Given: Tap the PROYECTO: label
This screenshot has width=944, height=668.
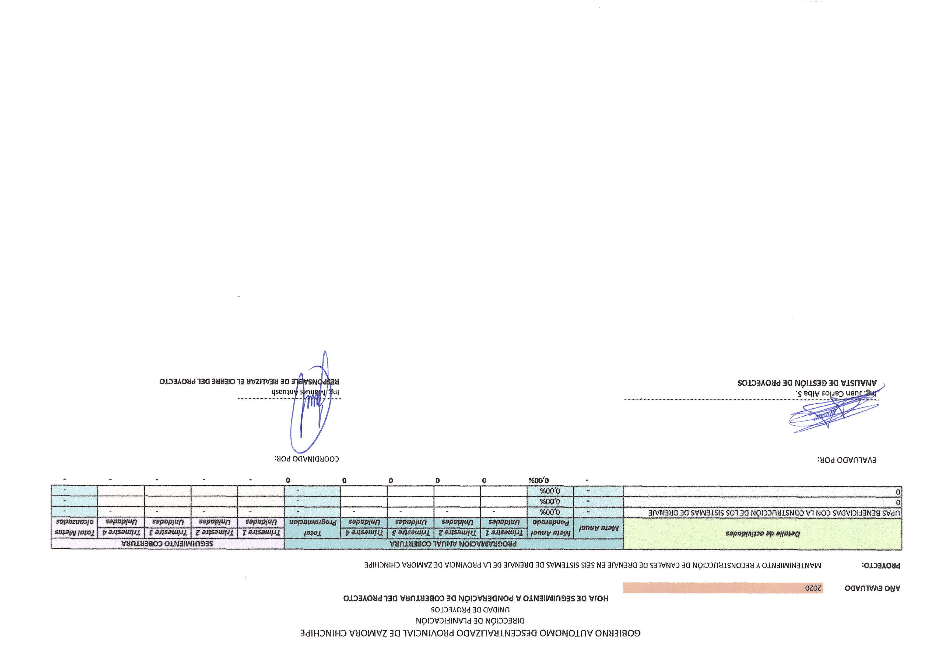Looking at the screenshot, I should tap(881, 566).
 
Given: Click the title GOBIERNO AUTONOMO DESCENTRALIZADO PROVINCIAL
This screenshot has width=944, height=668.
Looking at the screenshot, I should tap(470, 633).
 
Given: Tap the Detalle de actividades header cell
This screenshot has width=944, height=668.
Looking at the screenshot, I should tap(763, 534).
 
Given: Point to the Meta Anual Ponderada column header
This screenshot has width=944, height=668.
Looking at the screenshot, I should tap(550, 528).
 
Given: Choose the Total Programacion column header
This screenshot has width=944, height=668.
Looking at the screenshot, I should tap(313, 528).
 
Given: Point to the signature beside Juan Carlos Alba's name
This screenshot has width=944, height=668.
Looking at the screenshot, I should tap(835, 413).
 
